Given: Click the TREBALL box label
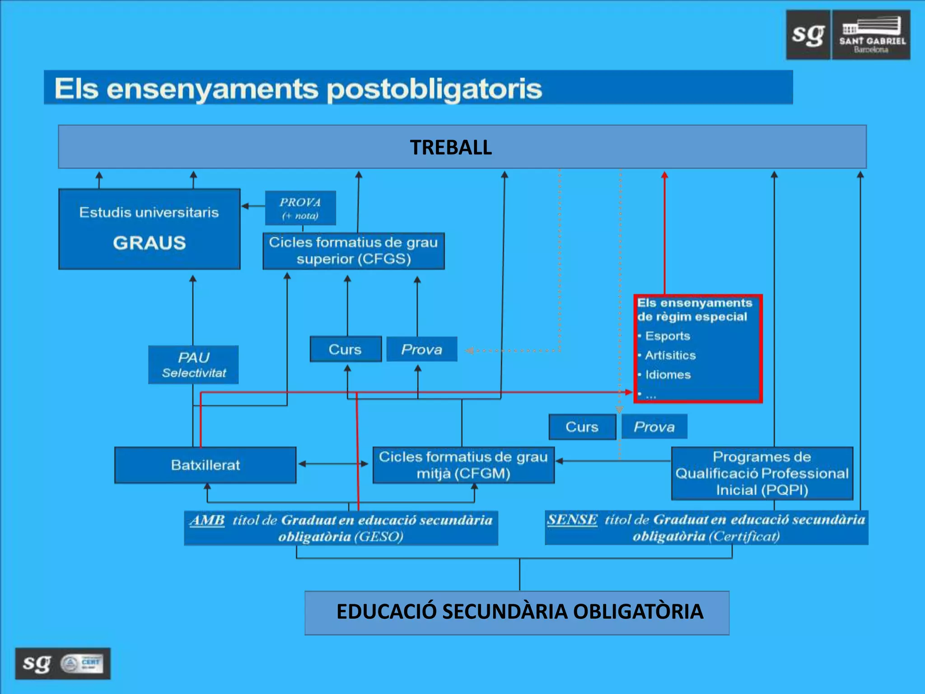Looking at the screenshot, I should (x=451, y=147).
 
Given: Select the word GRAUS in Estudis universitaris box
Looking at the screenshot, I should (x=149, y=243).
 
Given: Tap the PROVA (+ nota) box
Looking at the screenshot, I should (x=300, y=208).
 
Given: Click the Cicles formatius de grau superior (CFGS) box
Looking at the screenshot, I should (x=354, y=251).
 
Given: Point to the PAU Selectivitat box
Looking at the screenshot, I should (x=193, y=365).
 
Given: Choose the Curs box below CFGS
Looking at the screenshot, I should (x=346, y=349).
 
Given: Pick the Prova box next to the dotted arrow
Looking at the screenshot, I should (x=422, y=349).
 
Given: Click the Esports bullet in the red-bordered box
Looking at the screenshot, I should (x=667, y=336).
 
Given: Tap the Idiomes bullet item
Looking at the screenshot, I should (x=668, y=375).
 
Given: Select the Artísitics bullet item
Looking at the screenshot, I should (x=670, y=355).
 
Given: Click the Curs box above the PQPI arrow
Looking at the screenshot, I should (x=582, y=427).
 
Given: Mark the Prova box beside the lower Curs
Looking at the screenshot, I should (x=654, y=427).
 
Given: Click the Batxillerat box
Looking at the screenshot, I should (x=206, y=465).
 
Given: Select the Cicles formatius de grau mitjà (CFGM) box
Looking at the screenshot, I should (x=463, y=465).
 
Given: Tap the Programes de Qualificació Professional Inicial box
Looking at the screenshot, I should (x=762, y=473).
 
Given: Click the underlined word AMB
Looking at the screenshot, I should (x=207, y=520).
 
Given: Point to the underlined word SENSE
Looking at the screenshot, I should (x=572, y=520).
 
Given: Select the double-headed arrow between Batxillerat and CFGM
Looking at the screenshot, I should (x=333, y=464).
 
